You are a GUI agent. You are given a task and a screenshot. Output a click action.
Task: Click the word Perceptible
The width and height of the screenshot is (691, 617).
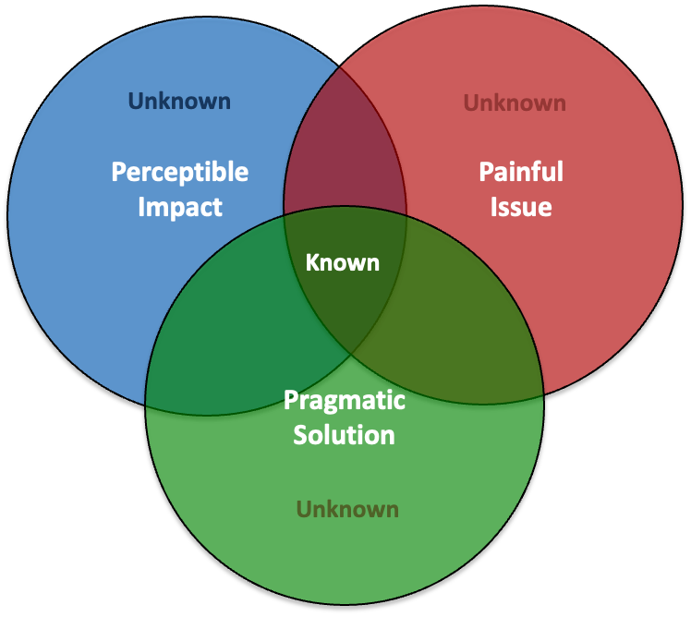pos(180,172)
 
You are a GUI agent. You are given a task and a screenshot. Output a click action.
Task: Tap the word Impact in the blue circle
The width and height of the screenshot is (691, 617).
pos(180,206)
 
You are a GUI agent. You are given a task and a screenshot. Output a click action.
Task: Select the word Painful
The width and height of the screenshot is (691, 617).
pos(521,172)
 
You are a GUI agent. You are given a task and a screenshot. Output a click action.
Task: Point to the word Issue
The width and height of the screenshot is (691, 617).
pos(521,206)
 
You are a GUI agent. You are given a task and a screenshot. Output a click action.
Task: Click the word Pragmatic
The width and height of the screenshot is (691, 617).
pos(345,400)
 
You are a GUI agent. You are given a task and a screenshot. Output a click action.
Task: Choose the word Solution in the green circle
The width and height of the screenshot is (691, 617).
pos(345,434)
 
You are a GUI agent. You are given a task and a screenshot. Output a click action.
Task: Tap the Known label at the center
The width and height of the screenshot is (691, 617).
pos(343,262)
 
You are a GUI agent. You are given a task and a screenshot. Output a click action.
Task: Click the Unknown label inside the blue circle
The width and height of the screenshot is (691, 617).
pos(180,100)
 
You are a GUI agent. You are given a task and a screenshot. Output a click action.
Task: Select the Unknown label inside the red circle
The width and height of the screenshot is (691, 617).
pos(515,102)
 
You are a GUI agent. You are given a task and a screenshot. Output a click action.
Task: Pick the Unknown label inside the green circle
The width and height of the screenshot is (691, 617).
pos(347,509)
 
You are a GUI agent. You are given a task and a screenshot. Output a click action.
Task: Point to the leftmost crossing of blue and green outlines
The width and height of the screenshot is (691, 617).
pos(146,405)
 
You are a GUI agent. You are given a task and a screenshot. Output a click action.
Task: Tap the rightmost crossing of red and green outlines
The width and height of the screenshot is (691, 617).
pos(543,395)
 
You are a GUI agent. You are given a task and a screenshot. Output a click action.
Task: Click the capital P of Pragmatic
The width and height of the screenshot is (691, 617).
pos(290,400)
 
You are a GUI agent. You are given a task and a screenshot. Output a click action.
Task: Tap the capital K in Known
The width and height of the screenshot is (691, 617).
pos(312,262)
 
